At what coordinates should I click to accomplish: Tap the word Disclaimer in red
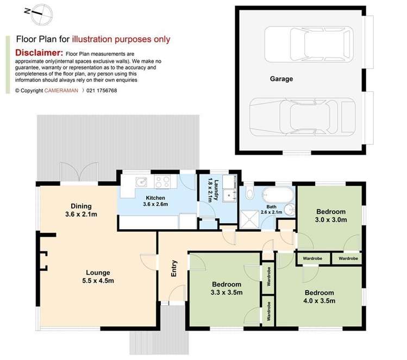point(39,53)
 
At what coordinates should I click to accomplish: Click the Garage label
point(281,79)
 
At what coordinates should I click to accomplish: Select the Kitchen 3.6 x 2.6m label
point(155,201)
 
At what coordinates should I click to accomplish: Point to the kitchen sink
point(141,182)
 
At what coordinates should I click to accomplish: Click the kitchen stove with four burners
point(162,181)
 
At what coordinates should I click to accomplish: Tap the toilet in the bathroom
point(249,192)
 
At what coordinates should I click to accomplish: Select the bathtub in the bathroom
point(278,194)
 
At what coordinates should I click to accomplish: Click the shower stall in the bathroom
point(249,219)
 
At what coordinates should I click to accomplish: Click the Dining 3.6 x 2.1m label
point(81,210)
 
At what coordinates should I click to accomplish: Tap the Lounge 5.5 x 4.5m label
point(98,276)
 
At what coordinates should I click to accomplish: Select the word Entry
point(174,268)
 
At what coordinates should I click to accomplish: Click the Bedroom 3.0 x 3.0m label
point(331,216)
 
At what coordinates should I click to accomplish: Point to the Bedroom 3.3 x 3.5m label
point(227,288)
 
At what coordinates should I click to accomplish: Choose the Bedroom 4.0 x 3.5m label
point(320,296)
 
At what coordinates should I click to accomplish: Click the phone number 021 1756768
point(102,91)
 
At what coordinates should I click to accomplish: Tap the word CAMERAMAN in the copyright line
point(61,91)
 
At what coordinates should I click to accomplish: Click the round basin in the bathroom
point(289,210)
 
